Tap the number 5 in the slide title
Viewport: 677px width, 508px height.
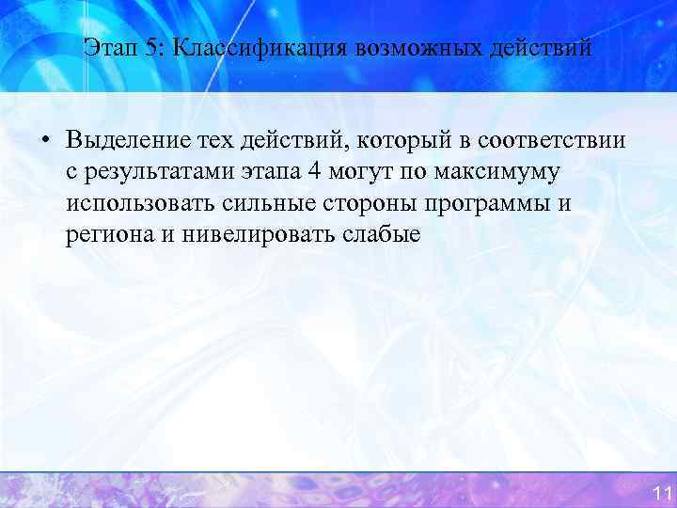(x=150, y=46)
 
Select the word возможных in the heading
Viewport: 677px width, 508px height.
(x=401, y=46)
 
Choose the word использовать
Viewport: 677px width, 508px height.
(x=142, y=204)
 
